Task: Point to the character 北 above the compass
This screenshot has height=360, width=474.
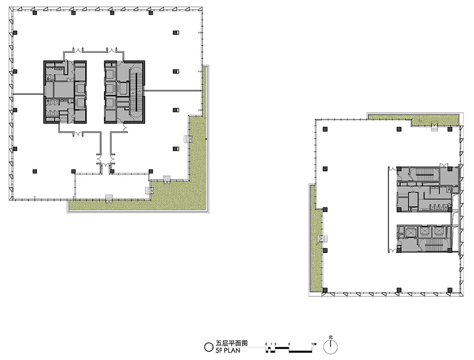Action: (x=330, y=337)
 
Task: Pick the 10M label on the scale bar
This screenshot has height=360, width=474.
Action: (x=314, y=343)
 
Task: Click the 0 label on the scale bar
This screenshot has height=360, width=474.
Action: (x=266, y=343)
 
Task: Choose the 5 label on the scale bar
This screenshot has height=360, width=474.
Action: (x=289, y=343)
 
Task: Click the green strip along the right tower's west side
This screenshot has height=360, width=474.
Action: (x=314, y=237)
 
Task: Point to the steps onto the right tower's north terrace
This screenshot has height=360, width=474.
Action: (x=434, y=128)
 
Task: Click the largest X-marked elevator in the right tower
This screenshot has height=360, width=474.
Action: (x=408, y=232)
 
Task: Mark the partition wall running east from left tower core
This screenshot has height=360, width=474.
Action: (x=173, y=90)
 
